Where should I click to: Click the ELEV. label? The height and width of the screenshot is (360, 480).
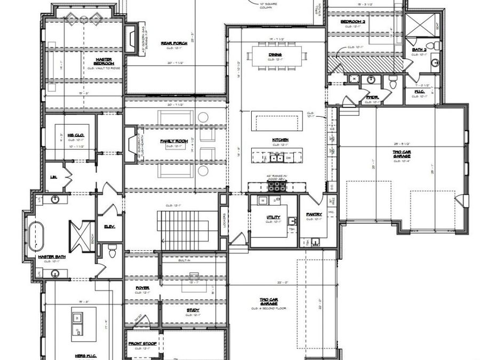coord(110,226)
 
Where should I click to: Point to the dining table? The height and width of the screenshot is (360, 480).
coord(275,55)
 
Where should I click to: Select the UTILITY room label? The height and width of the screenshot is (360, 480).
coord(274,218)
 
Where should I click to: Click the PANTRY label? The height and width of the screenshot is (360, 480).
coord(314,214)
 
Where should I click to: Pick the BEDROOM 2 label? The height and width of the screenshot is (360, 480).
coord(352,21)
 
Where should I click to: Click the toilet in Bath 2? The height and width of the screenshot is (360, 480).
coord(435,44)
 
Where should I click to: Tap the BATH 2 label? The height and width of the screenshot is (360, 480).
coord(419,50)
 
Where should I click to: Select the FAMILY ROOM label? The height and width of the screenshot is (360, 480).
coord(172,141)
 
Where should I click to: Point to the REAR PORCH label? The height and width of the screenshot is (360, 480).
coord(172,44)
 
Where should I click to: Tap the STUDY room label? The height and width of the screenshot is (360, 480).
coord(193,310)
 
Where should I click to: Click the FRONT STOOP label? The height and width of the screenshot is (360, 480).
coord(142,343)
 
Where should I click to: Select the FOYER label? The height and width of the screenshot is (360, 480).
coord(142,287)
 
